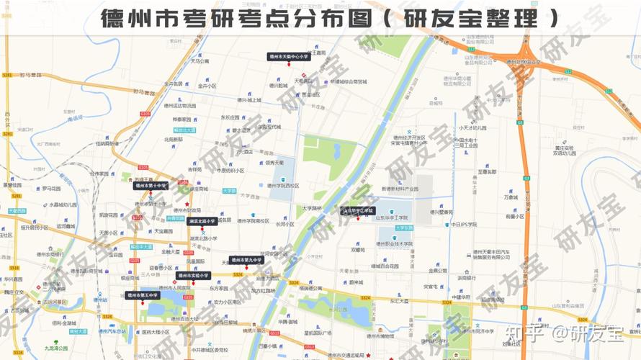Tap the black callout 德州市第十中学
coord(150,185)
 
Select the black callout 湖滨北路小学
coord(202,221)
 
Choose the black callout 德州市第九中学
coord(246,260)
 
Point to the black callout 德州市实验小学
coord(193,275)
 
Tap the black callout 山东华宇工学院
coord(358,211)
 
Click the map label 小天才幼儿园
coord(472,127)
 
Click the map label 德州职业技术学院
coord(389,244)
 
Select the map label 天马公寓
coord(200,61)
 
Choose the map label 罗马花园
coord(52,189)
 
